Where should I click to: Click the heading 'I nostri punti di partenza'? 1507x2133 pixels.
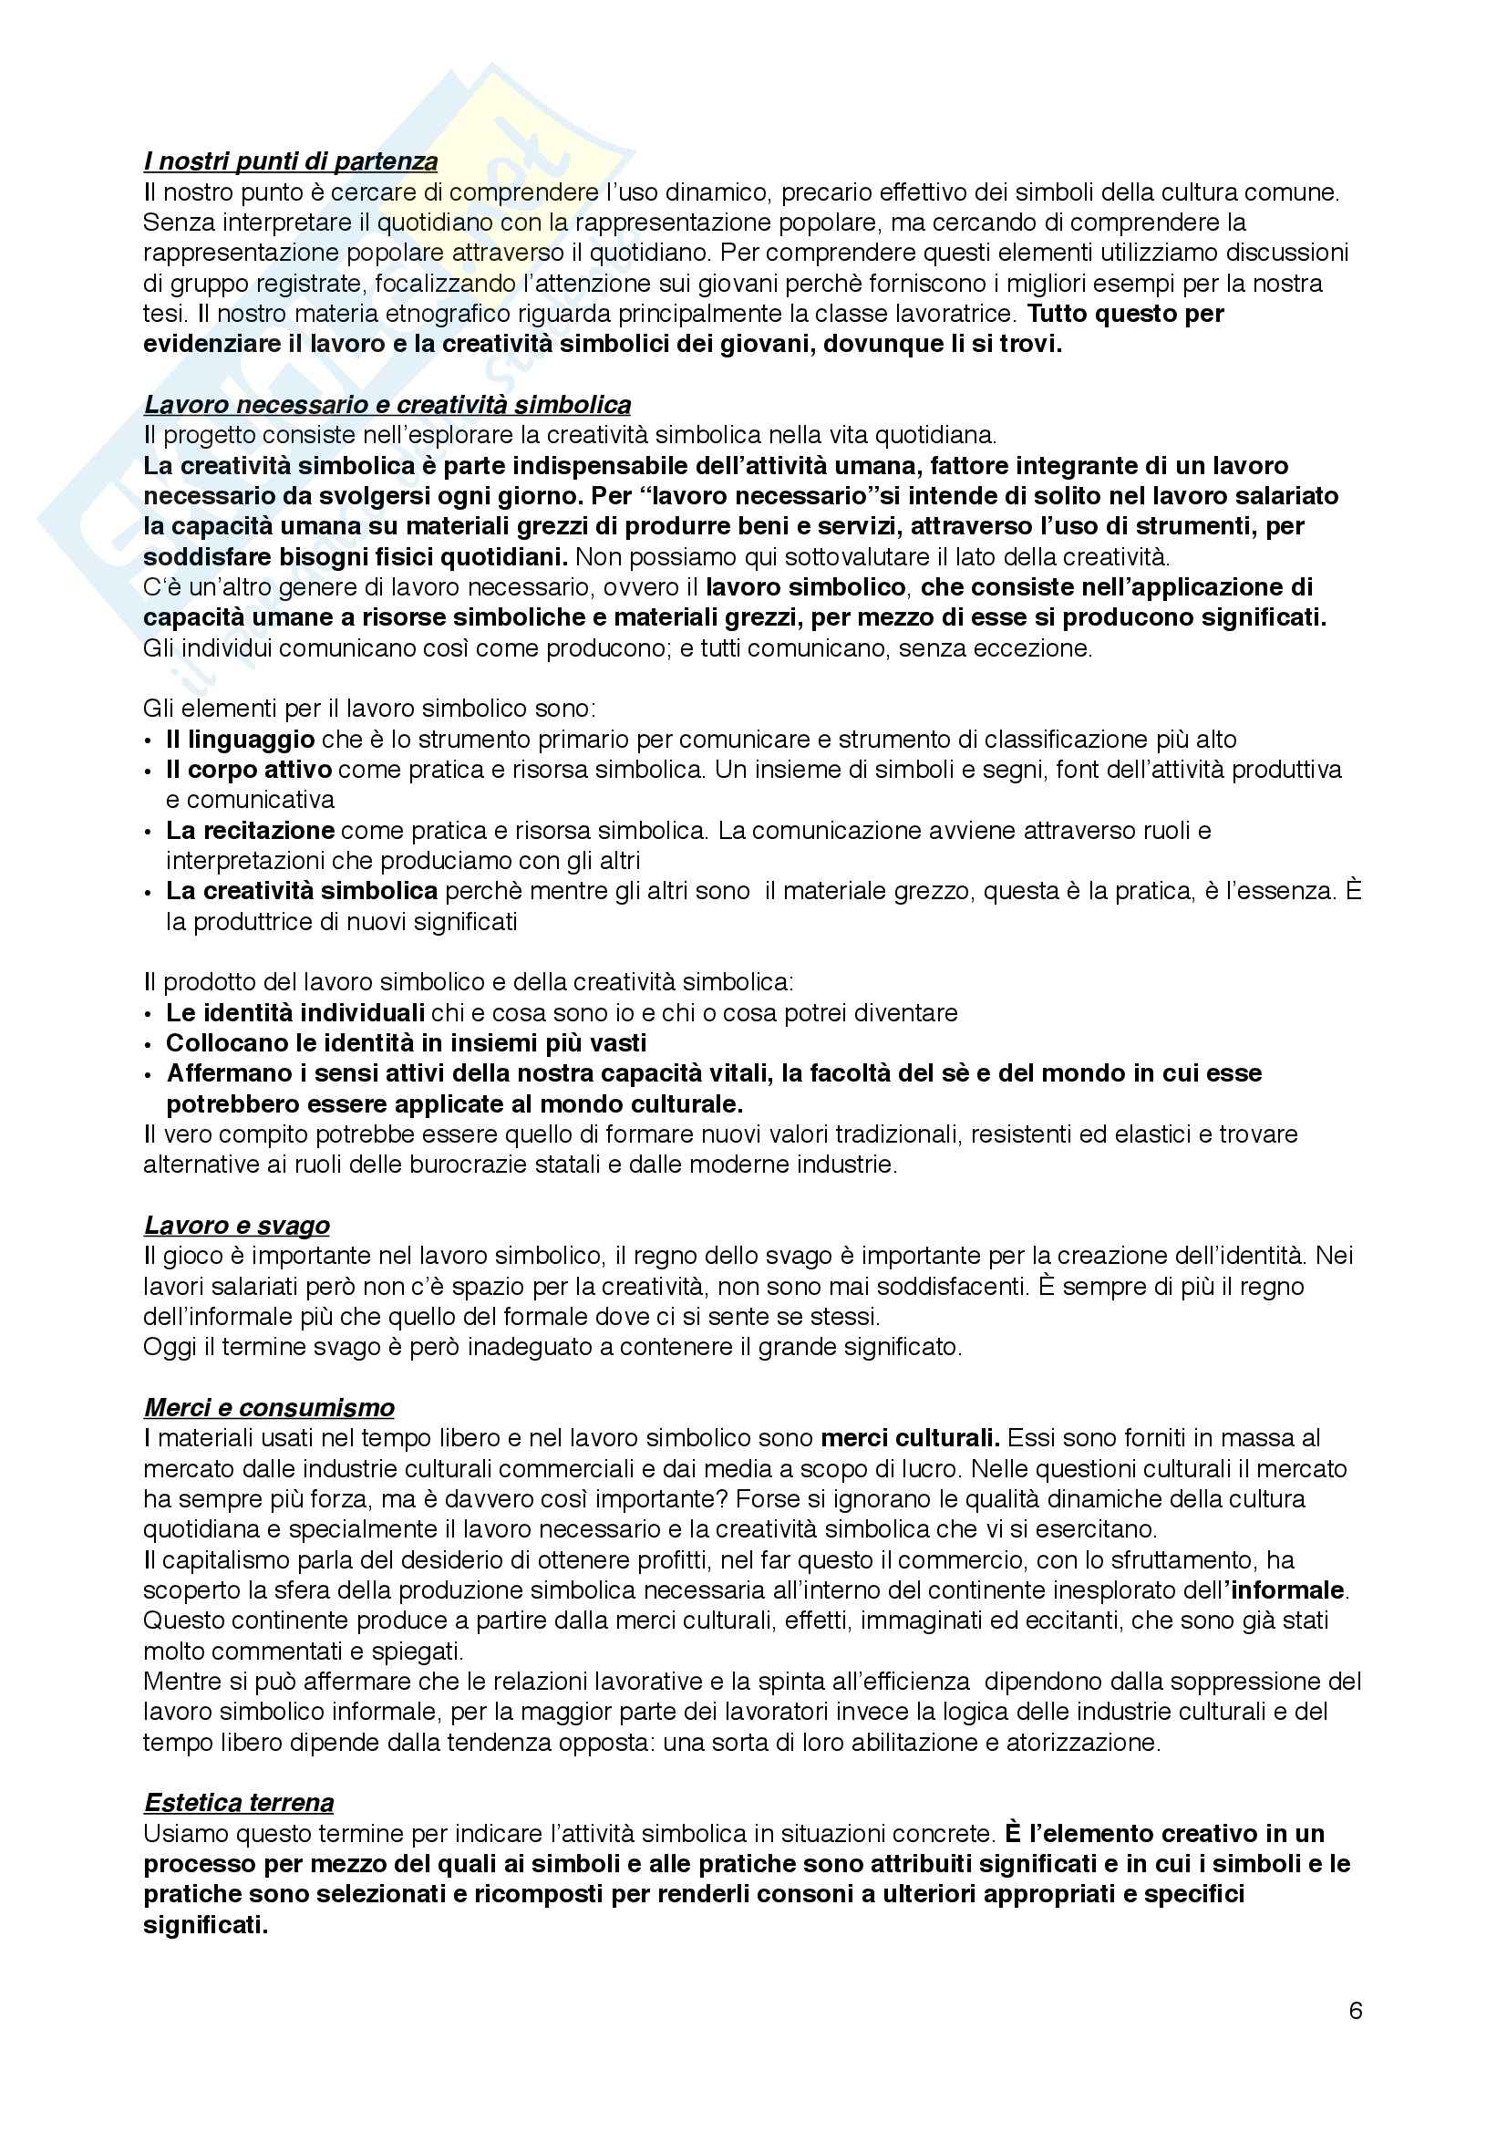click(x=291, y=161)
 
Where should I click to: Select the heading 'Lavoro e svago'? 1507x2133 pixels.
click(x=237, y=1226)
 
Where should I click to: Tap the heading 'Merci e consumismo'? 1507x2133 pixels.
click(x=269, y=1407)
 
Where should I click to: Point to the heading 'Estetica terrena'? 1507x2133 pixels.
click(x=239, y=1803)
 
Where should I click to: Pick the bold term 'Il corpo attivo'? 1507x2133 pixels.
click(x=249, y=770)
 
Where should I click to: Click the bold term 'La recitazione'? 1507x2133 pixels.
click(x=251, y=830)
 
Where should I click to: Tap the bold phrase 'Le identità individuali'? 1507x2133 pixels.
click(x=295, y=1012)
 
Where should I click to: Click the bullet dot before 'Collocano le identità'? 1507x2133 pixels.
click(x=150, y=1044)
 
